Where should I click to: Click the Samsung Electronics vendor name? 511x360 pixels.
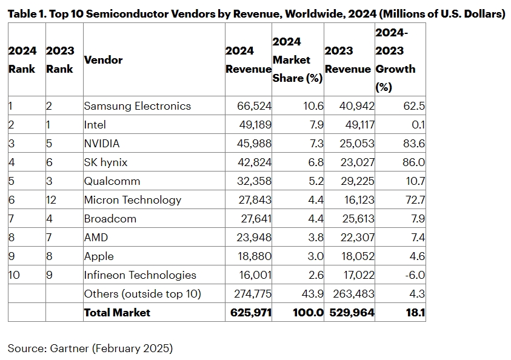click(x=137, y=106)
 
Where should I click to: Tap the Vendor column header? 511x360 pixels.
click(x=103, y=60)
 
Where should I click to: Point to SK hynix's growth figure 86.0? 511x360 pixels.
click(x=414, y=162)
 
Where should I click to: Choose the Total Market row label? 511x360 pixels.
click(x=117, y=313)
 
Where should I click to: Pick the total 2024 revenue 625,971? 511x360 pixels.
click(x=249, y=313)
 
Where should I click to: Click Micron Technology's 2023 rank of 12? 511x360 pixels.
click(x=52, y=200)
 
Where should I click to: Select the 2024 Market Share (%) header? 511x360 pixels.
click(x=297, y=60)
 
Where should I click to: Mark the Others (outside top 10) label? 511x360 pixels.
click(x=142, y=294)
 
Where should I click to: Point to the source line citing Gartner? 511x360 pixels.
click(x=90, y=348)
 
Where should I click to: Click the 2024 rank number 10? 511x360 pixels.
click(x=14, y=275)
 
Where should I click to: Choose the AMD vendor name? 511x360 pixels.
click(x=96, y=238)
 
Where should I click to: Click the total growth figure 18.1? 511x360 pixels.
click(x=415, y=313)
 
